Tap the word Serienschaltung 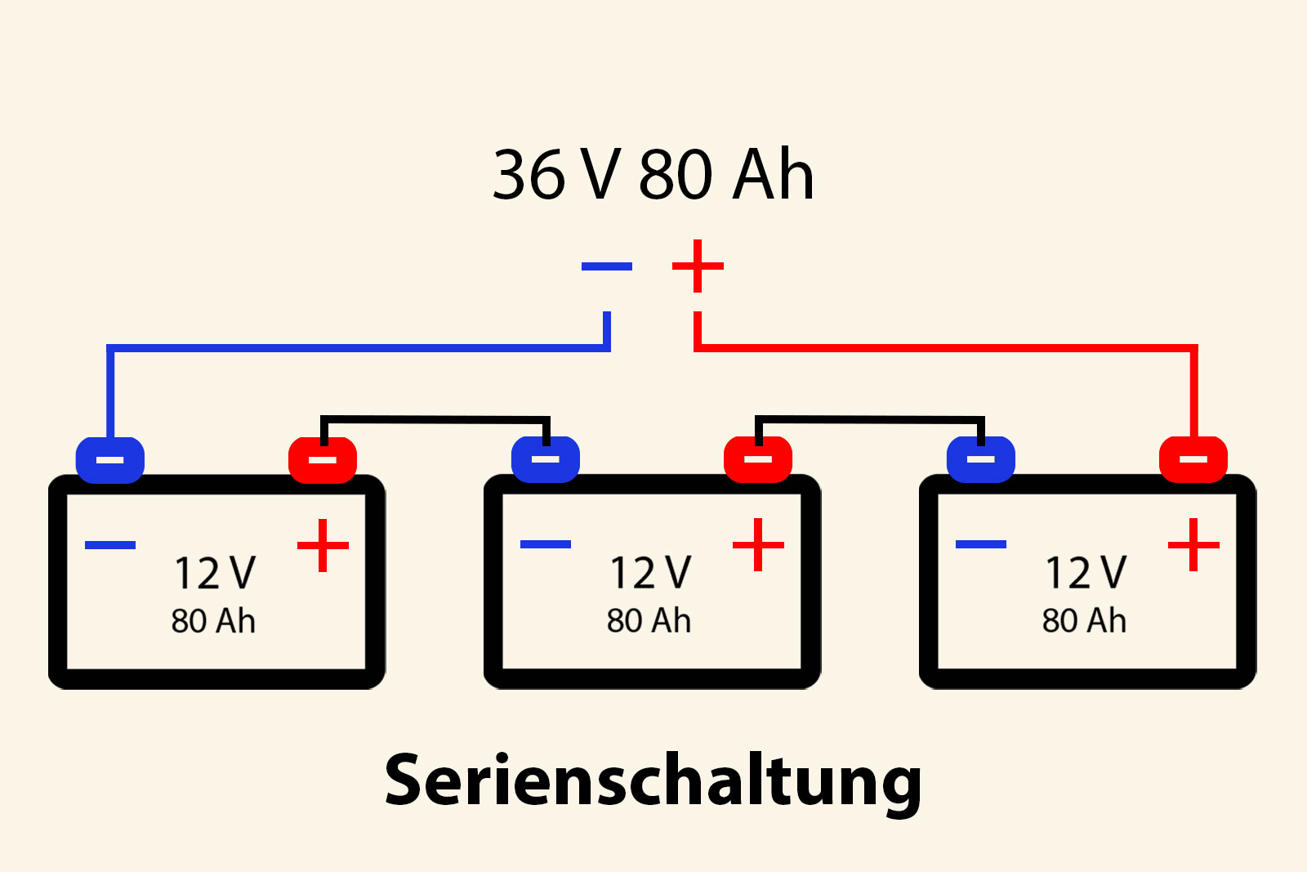(x=653, y=780)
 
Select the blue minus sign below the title (x=606, y=266)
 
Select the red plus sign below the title (x=698, y=266)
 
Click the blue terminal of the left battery (x=110, y=459)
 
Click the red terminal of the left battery (x=323, y=459)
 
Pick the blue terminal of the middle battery (x=546, y=459)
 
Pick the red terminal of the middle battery (x=758, y=459)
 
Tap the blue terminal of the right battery (x=981, y=459)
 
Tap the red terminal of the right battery (x=1193, y=459)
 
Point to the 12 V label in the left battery (x=215, y=573)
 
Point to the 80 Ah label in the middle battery (x=649, y=621)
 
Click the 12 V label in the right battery (x=1086, y=573)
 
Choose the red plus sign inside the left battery (x=323, y=545)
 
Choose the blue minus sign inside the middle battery (x=546, y=544)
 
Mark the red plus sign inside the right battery (x=1193, y=545)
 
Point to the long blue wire (x=359, y=348)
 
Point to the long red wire (x=948, y=348)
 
